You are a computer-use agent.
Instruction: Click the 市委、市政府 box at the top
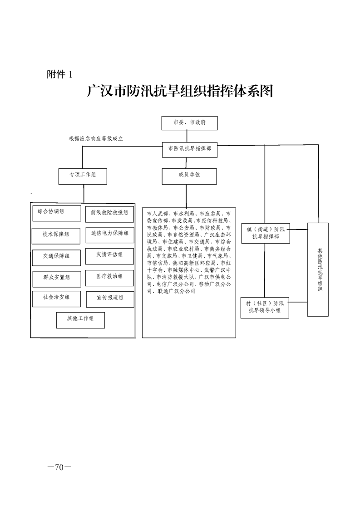[190, 123]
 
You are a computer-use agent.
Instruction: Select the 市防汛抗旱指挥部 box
[190, 150]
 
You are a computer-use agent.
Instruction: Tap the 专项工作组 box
[83, 176]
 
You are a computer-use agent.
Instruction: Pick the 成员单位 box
[189, 176]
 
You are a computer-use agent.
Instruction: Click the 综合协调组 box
[57, 213]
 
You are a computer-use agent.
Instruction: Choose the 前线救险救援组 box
[109, 214]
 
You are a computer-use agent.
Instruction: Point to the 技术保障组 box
[56, 236]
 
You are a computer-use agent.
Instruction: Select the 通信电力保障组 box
[110, 235]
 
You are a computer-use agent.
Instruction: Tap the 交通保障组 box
[56, 258]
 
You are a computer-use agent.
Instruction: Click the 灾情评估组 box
[109, 256]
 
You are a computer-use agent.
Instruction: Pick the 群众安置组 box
[57, 279]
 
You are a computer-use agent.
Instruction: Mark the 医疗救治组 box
[109, 278]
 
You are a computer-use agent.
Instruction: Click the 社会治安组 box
[56, 299]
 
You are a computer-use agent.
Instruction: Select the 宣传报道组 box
[110, 299]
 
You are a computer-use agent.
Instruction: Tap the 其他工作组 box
[80, 320]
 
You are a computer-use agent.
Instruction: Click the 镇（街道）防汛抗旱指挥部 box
[266, 233]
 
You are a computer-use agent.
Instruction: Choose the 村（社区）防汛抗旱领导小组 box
[265, 308]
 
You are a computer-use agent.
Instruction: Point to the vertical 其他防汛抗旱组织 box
[318, 269]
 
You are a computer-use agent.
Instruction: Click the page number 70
[59, 467]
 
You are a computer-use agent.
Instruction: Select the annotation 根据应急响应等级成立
[96, 139]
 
